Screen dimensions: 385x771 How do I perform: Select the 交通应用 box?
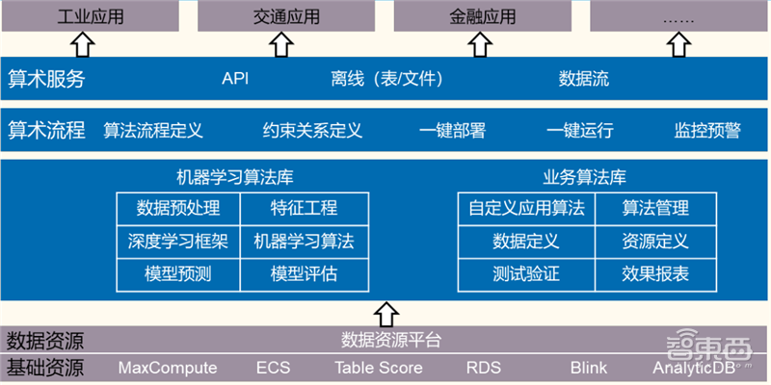[x=280, y=16]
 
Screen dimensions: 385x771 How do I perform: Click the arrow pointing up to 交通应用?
[x=280, y=43]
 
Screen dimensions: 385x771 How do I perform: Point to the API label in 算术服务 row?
[x=235, y=79]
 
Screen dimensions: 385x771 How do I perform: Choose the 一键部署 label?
[x=452, y=130]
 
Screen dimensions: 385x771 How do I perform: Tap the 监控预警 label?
[x=707, y=130]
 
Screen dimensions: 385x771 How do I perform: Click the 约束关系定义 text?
[x=312, y=130]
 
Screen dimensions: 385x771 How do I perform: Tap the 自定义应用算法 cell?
[x=526, y=208]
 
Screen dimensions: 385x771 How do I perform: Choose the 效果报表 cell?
[x=655, y=274]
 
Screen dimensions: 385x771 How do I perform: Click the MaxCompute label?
[x=168, y=368]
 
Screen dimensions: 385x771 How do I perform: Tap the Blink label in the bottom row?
[x=589, y=368]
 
